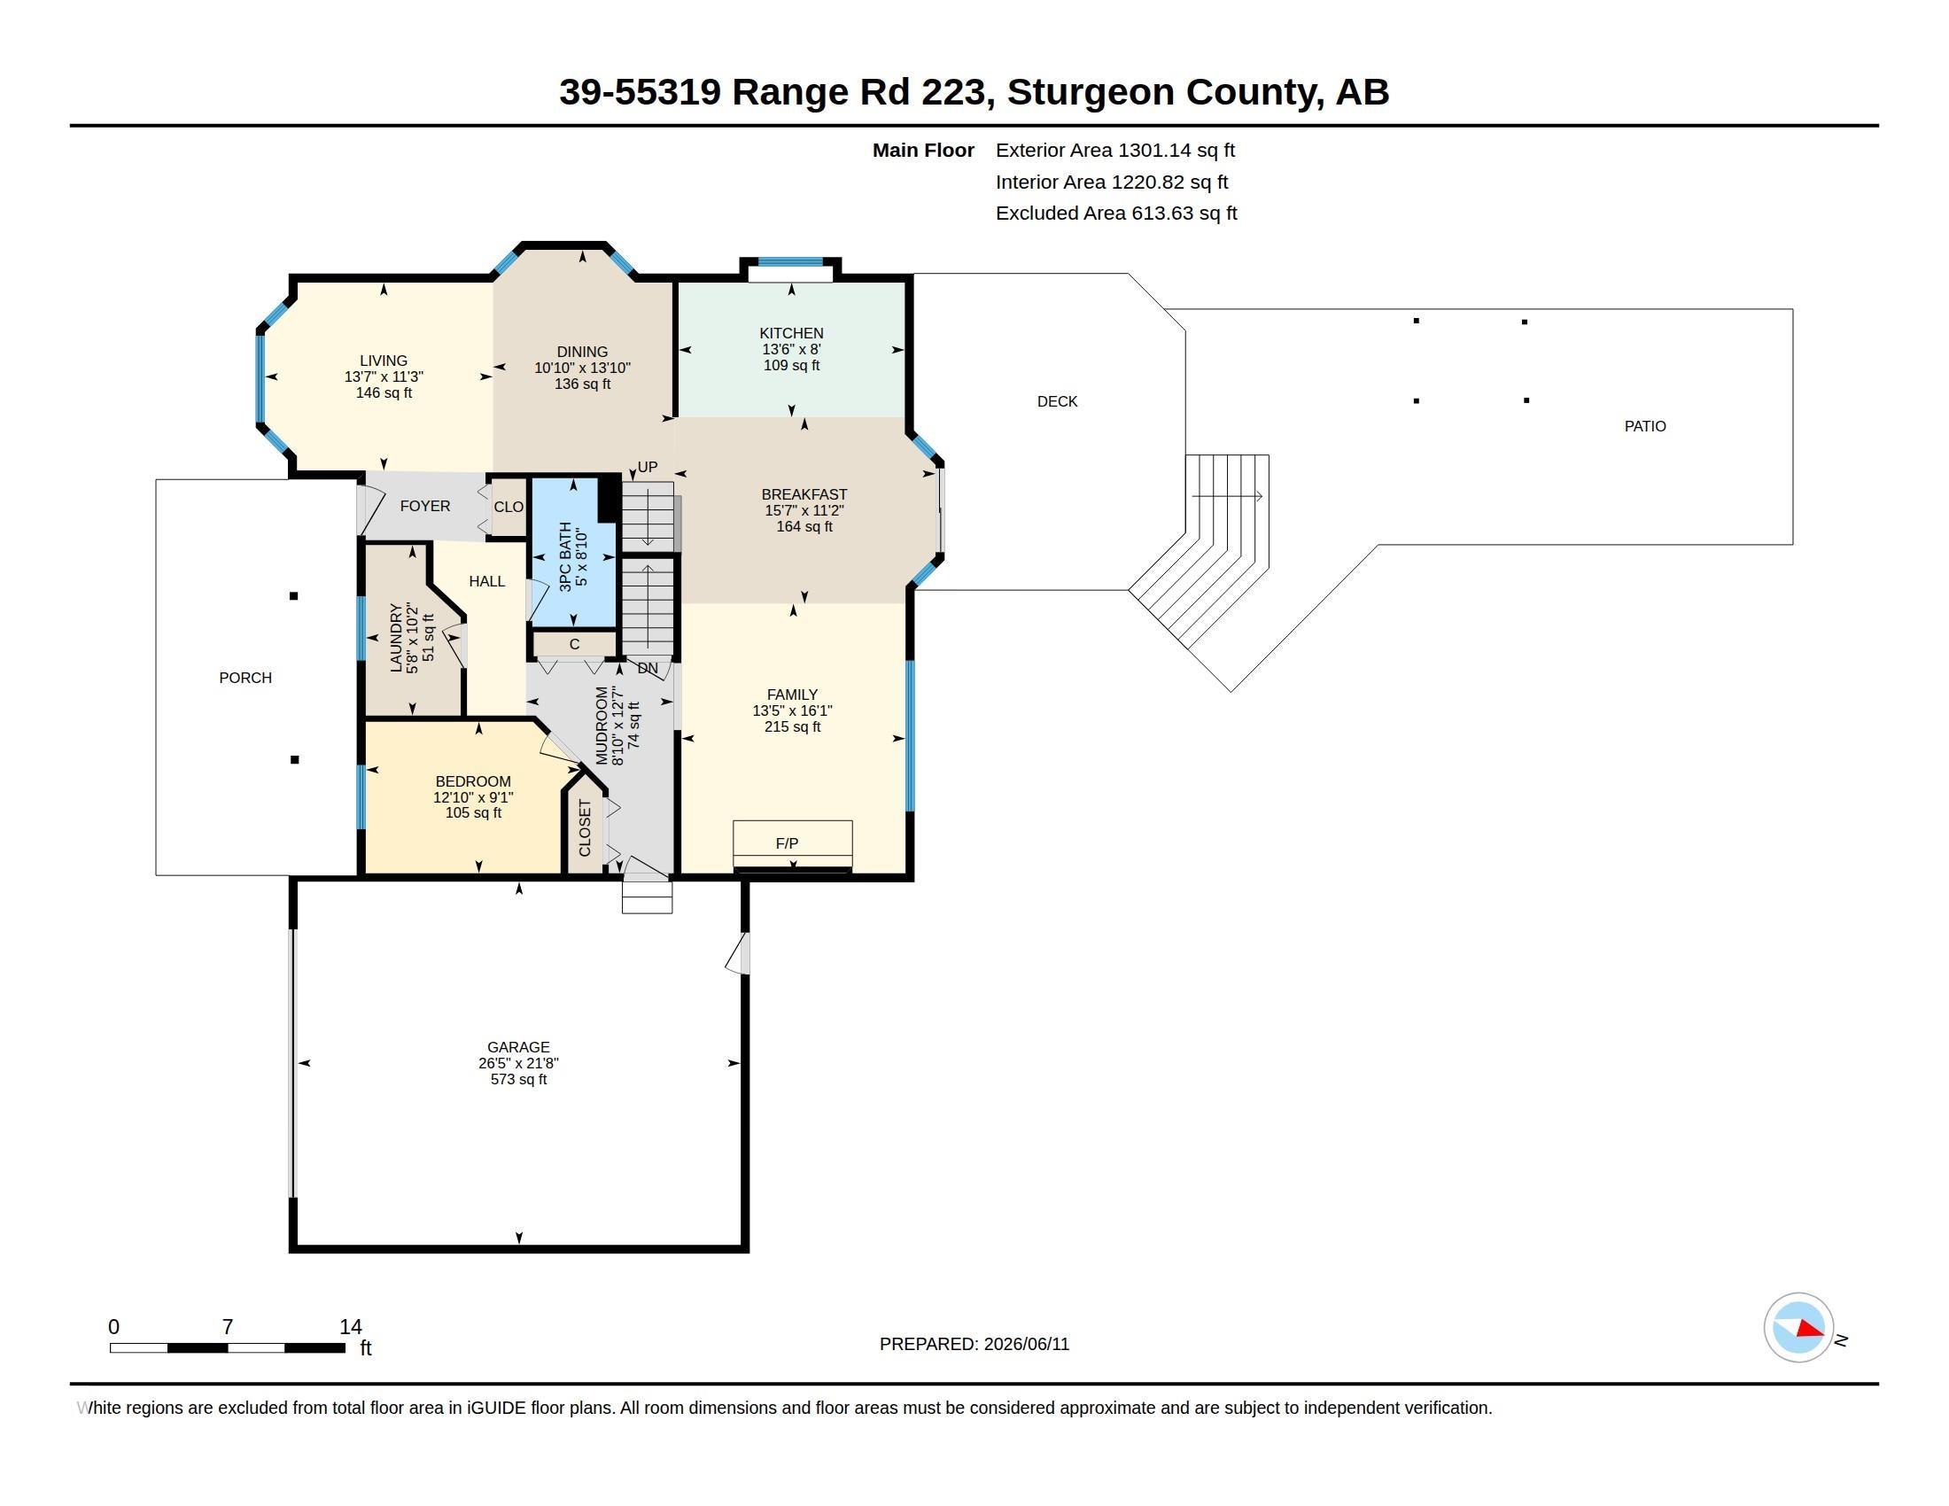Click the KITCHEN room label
coord(791,333)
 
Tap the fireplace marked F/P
coord(793,845)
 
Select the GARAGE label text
coord(518,1046)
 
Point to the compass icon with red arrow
coord(1798,1328)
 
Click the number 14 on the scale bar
coord(351,1327)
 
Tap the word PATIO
coord(1645,426)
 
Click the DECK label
coord(1058,401)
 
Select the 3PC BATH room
coord(574,553)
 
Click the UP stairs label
coord(648,467)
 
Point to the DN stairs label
coord(648,667)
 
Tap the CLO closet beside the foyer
coord(509,507)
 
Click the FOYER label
coord(424,506)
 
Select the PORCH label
coord(245,678)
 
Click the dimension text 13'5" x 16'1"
coord(793,710)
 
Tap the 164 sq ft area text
coord(804,526)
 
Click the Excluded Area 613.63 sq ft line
coord(1116,213)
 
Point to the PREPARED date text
coord(974,1344)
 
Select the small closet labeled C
coord(575,644)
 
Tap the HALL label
coord(487,582)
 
